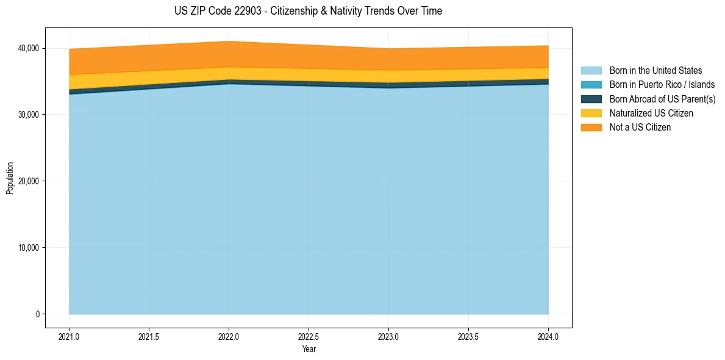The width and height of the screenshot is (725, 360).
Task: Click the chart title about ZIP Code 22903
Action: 308,11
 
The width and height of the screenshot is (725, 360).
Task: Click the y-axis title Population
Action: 10,178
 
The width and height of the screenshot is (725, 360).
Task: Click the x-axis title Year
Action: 309,349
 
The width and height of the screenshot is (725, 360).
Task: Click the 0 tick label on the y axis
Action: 37,314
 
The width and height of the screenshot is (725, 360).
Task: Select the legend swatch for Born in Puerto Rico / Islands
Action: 591,85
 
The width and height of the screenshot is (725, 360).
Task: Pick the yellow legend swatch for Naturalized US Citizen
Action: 591,113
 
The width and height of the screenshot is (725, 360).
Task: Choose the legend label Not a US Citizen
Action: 640,128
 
